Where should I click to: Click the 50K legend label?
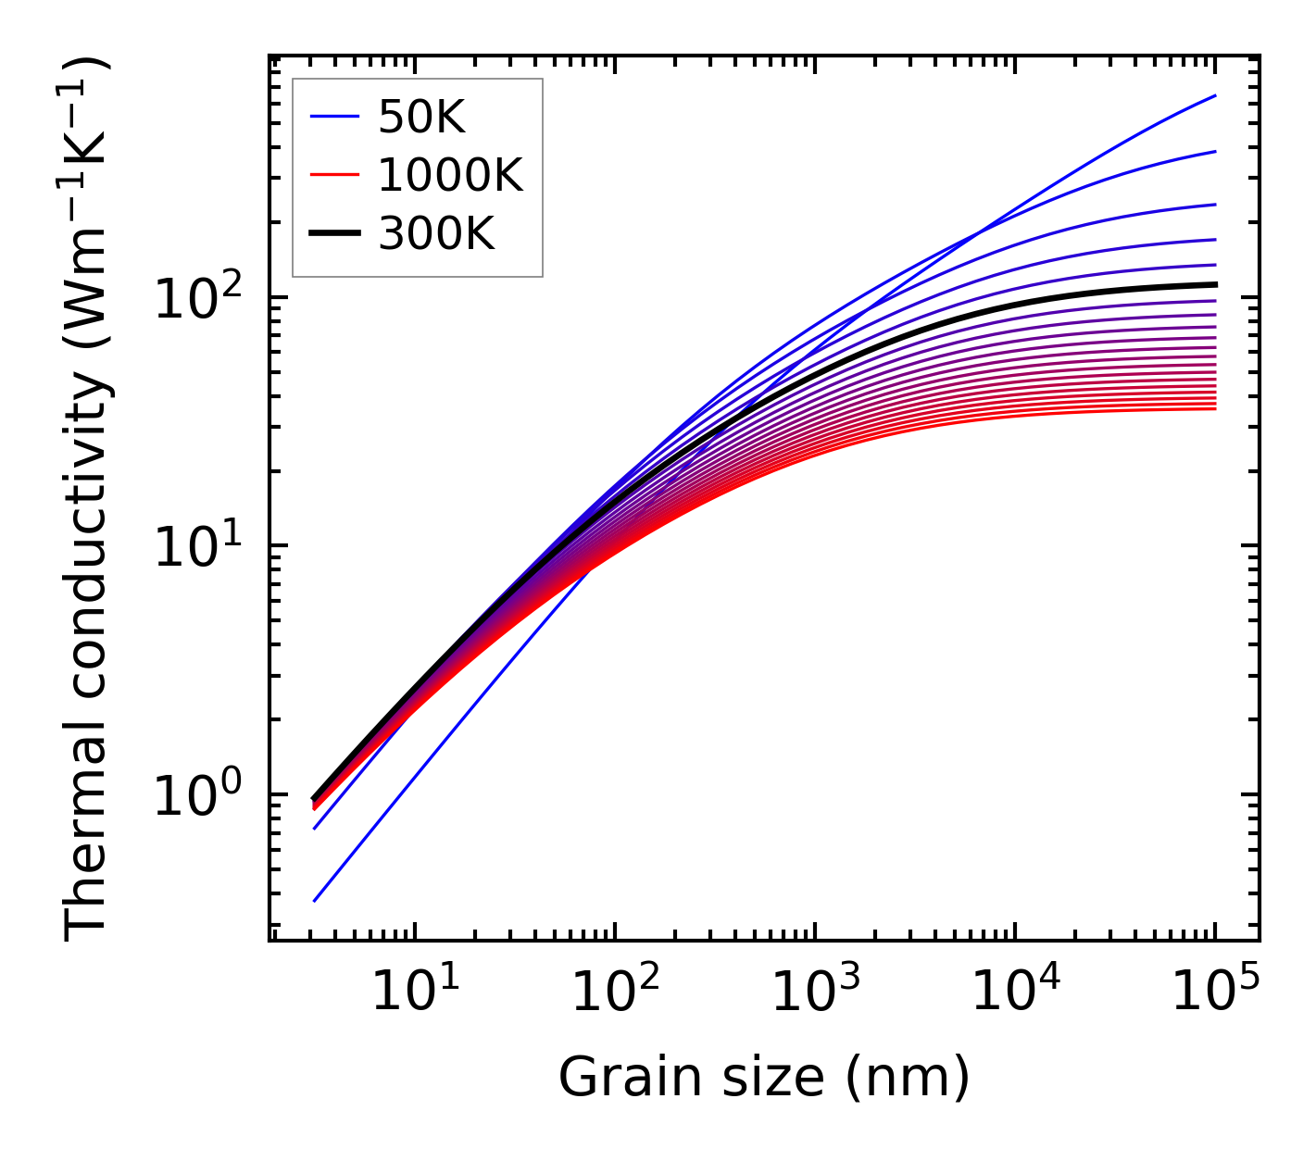coord(421,118)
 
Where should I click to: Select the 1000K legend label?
coord(450,176)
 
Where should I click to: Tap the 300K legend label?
coord(436,235)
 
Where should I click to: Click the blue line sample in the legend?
coord(333,118)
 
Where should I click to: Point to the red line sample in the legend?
coord(333,176)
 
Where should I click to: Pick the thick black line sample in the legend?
coord(333,235)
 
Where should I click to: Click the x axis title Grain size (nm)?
coord(764,1078)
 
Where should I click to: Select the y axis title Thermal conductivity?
coord(87,500)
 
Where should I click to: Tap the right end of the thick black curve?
coord(1215,284)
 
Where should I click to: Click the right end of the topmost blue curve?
coord(1215,95)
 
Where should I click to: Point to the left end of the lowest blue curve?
coord(315,901)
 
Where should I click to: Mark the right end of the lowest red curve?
coord(1215,408)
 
